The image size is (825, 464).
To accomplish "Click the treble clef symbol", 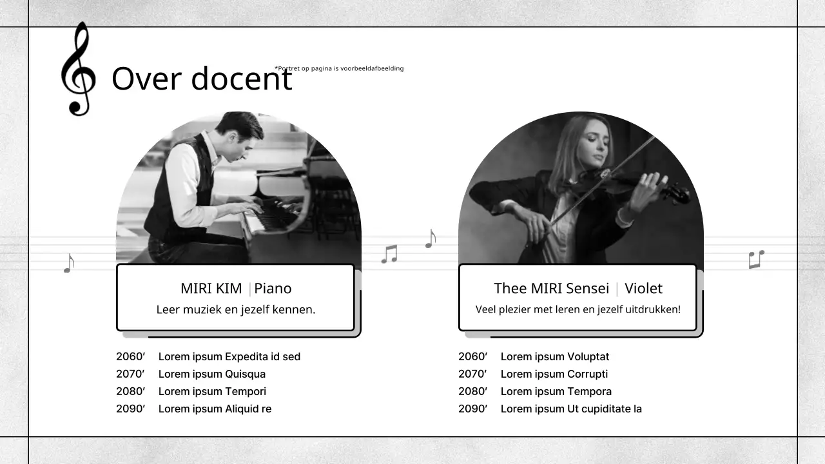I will [x=78, y=70].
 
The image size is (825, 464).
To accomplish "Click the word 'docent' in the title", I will [x=242, y=79].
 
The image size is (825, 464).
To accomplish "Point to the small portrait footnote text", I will [x=339, y=68].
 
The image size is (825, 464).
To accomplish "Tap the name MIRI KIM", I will [x=211, y=288].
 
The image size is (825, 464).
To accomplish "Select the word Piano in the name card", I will [x=273, y=288].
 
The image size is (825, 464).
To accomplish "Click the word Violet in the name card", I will [x=643, y=288].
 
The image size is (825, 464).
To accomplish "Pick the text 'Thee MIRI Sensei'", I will [x=552, y=288].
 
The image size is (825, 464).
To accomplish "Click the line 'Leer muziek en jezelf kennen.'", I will [x=236, y=309].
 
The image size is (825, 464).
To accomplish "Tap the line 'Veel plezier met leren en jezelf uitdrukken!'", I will [x=577, y=309].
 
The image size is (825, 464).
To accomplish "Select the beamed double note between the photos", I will [x=389, y=254].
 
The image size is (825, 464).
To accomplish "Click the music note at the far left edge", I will [x=69, y=262].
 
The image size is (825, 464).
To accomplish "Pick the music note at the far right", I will [x=756, y=259].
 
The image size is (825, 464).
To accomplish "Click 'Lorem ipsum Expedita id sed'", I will [x=229, y=356].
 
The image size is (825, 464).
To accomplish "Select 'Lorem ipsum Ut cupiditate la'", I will [x=571, y=409].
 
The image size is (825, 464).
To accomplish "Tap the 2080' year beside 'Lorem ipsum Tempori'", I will [x=130, y=391].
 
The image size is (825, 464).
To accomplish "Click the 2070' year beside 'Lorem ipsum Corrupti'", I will [x=472, y=374].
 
